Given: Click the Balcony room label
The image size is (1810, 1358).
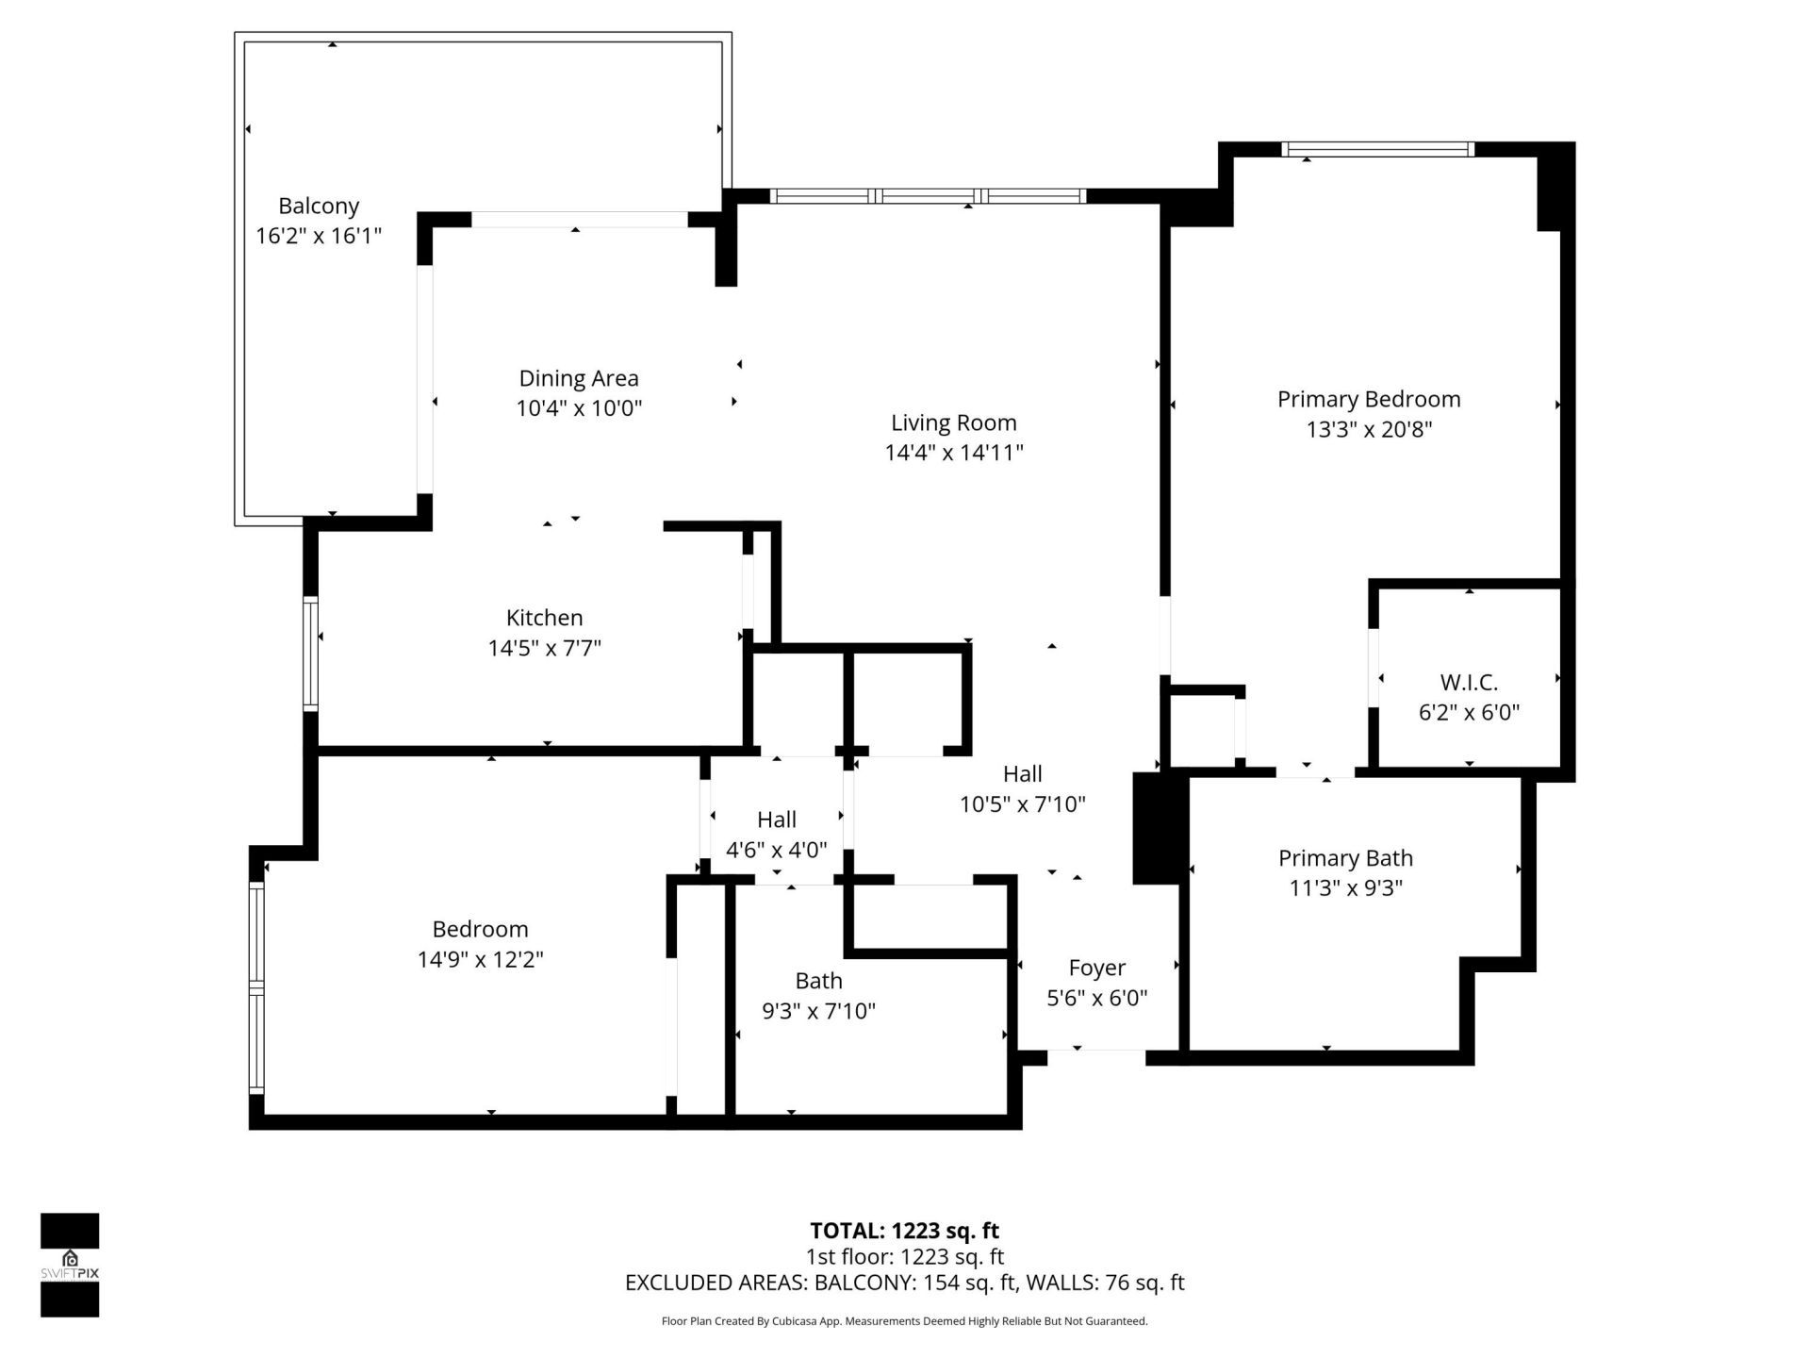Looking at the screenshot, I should [x=319, y=206].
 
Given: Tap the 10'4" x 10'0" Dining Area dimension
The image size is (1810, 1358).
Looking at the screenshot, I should [x=579, y=408].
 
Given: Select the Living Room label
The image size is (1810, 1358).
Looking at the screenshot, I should [x=953, y=422].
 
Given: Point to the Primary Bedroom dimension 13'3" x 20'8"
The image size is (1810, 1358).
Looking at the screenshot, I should [x=1369, y=429].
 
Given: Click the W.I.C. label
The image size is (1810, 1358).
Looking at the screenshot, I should [x=1469, y=682].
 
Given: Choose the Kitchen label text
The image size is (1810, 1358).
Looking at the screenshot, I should [x=544, y=618].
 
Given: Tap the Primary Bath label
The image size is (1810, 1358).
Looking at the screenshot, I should [x=1345, y=858].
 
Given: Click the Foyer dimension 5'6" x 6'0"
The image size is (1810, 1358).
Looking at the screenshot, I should [x=1096, y=998].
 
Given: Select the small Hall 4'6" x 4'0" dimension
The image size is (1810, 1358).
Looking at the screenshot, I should [x=776, y=850].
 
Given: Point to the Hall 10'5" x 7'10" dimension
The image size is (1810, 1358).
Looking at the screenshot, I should [x=1022, y=804].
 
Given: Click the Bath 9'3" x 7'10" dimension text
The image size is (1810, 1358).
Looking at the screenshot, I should [x=818, y=1011].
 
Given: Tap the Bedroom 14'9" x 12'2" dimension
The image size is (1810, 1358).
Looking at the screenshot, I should [x=480, y=959].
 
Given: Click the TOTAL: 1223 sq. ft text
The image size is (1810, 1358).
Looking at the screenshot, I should [x=904, y=1231].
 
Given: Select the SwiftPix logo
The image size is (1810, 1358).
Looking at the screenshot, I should [x=70, y=1265].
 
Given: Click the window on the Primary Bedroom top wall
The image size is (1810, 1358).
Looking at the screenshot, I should [x=1377, y=149].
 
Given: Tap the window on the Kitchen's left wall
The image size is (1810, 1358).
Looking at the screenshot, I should [x=310, y=653].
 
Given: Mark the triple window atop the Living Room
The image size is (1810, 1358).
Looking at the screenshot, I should [x=928, y=196].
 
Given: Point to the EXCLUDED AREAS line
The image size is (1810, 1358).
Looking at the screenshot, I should [x=904, y=1283].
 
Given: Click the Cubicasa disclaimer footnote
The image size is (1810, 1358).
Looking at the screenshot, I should [x=904, y=1321].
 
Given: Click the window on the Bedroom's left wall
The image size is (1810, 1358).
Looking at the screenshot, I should [x=256, y=986].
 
